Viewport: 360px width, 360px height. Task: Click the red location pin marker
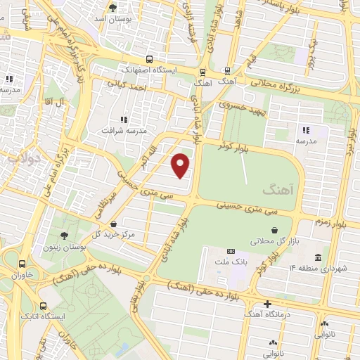(x=181, y=165)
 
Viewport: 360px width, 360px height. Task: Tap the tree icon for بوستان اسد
(x=112, y=8)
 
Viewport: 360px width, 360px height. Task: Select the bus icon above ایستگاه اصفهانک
(x=148, y=60)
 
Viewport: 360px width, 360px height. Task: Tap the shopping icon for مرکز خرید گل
(x=113, y=224)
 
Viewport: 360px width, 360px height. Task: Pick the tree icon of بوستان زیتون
(x=65, y=236)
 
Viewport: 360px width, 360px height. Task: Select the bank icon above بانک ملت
(x=231, y=251)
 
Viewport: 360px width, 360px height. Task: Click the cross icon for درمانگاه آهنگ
(x=267, y=304)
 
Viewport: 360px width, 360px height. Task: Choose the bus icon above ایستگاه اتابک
(x=44, y=306)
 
